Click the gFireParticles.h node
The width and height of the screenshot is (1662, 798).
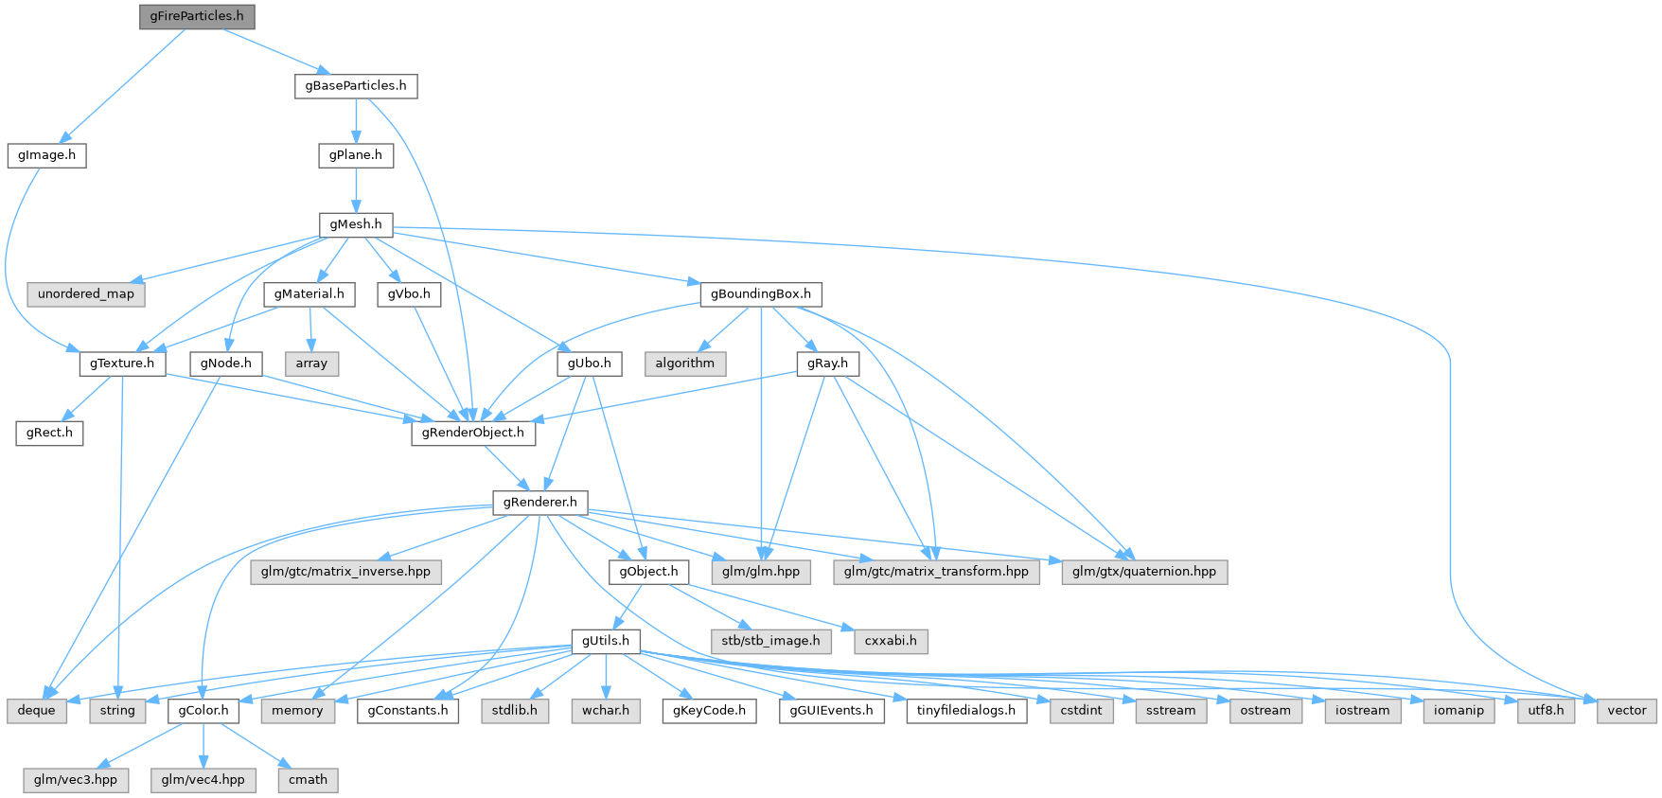pos(197,16)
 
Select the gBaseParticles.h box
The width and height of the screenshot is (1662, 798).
pos(355,85)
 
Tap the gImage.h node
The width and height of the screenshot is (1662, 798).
pos(46,155)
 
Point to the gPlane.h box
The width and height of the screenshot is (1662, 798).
pos(355,155)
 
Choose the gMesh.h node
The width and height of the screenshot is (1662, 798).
pos(355,224)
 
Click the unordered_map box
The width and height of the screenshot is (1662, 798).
pos(86,293)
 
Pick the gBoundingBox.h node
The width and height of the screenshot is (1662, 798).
pos(760,293)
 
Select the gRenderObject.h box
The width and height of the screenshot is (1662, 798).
pos(472,433)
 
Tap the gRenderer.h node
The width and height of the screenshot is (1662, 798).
pos(539,502)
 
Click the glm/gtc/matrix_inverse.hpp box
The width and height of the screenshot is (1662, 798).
pos(345,572)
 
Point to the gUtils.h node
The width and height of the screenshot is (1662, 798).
pos(605,641)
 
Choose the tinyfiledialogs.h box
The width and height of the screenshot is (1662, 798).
pos(965,710)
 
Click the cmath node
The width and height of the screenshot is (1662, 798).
pos(308,780)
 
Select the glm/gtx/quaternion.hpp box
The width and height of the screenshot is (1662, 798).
pos(1143,572)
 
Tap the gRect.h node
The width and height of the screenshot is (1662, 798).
pos(49,433)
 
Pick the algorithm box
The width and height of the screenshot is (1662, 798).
pos(684,364)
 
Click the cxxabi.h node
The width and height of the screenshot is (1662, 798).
pos(891,641)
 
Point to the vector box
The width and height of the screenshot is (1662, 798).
pos(1626,710)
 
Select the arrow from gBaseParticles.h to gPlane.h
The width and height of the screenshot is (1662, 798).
pos(355,120)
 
